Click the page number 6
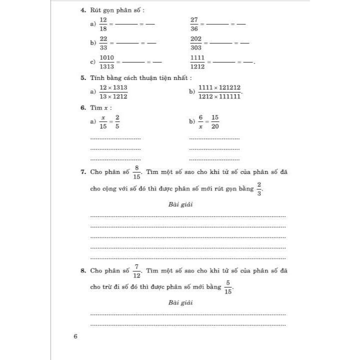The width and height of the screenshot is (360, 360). click(x=75, y=336)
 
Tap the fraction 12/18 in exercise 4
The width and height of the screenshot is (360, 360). click(x=103, y=24)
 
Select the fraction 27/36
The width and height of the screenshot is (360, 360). click(x=194, y=24)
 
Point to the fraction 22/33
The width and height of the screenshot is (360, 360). click(x=103, y=43)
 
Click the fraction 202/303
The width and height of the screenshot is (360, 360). click(x=195, y=43)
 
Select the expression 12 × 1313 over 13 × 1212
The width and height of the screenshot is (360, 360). click(x=113, y=92)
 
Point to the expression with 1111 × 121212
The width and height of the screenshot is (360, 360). click(x=219, y=92)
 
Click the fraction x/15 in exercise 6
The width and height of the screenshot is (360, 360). click(x=103, y=121)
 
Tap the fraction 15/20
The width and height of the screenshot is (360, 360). click(x=215, y=121)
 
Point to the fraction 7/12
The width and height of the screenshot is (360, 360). click(x=136, y=271)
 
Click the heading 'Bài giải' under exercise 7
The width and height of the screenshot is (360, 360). click(x=180, y=204)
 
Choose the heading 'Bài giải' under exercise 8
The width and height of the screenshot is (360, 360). click(x=180, y=302)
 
